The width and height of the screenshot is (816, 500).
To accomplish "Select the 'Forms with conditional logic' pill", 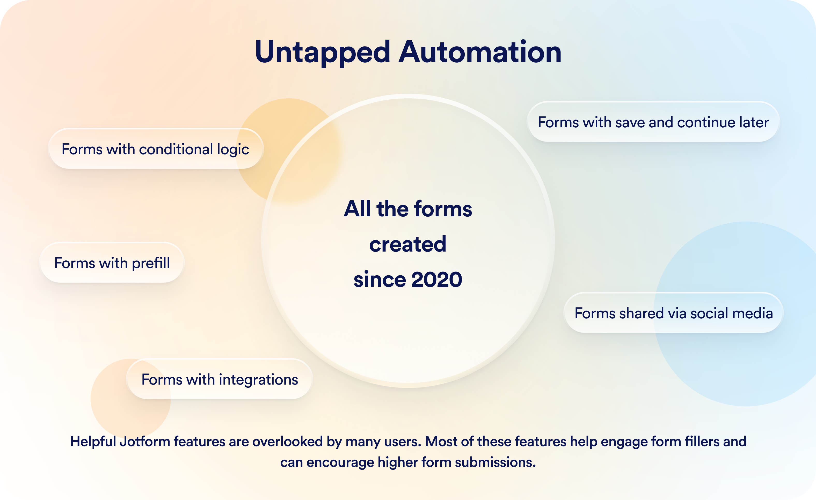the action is (156, 149).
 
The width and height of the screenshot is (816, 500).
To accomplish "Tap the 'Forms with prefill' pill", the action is (112, 263).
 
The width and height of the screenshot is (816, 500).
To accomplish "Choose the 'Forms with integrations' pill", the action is (220, 379).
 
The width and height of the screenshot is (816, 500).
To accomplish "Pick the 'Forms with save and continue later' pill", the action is (653, 122).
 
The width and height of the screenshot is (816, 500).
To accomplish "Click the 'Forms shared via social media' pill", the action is (674, 313).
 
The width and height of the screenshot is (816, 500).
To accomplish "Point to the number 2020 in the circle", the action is (436, 280).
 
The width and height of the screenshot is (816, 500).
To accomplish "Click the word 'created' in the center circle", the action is (408, 244).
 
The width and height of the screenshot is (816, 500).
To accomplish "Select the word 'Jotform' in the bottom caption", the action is (145, 442).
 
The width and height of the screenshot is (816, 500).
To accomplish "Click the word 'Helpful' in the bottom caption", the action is (93, 442).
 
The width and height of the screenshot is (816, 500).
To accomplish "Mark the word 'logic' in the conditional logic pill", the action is (233, 150).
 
